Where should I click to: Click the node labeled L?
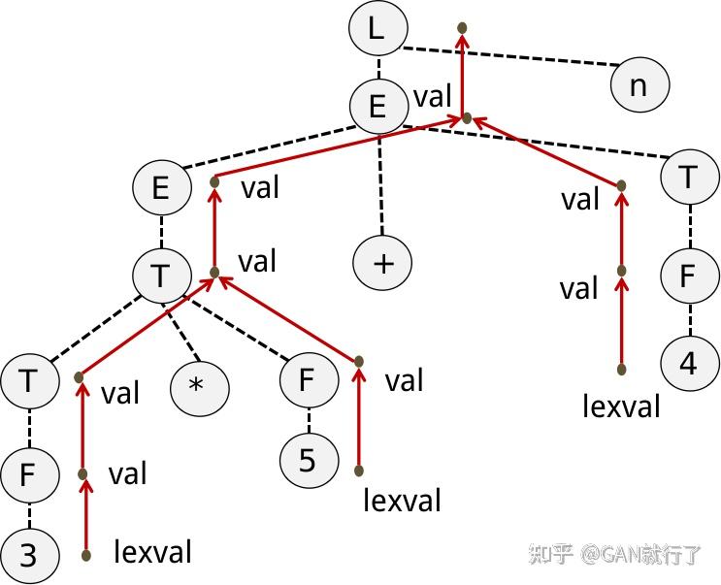tap(377, 29)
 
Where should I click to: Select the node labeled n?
tap(639, 85)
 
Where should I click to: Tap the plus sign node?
tap(383, 264)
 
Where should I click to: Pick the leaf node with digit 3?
tap(27, 556)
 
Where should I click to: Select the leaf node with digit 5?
tap(308, 459)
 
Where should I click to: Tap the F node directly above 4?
tap(688, 275)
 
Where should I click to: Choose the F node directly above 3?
tap(27, 475)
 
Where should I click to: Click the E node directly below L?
tap(377, 105)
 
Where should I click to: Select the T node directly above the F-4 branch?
tap(688, 179)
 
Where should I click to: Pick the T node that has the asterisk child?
tap(160, 275)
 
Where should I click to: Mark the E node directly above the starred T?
tap(160, 188)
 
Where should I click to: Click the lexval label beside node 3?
tap(152, 552)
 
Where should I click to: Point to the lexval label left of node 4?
tap(621, 406)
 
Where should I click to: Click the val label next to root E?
tap(433, 97)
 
